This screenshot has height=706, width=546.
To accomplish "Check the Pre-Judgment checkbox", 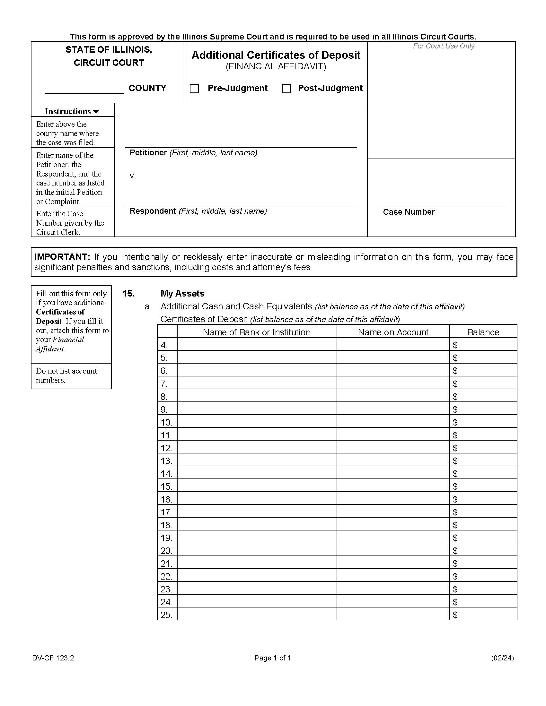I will (x=194, y=89).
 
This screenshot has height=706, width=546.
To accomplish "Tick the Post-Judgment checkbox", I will (x=286, y=89).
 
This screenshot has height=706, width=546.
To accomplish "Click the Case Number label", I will (x=409, y=212).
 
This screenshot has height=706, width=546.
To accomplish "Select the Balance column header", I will (x=483, y=332).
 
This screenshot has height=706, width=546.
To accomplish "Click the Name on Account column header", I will (x=393, y=332).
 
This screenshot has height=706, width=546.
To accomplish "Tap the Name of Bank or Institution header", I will (x=257, y=332).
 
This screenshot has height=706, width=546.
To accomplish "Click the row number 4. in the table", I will (x=164, y=345).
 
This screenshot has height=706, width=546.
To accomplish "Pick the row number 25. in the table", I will (x=166, y=615).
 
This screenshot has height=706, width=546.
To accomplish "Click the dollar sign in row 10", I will (x=455, y=422).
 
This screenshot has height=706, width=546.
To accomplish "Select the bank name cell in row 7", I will (x=257, y=383).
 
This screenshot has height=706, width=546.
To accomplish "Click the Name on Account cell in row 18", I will (x=393, y=525).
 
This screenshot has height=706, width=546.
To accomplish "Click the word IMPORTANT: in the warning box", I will (x=62, y=257).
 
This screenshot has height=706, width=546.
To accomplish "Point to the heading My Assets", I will (x=182, y=294).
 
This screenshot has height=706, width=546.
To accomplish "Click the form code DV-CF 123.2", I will (x=53, y=658).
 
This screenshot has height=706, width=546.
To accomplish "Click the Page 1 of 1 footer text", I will (x=273, y=658).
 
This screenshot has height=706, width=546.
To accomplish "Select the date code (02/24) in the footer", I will (x=502, y=658).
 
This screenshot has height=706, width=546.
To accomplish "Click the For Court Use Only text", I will (x=443, y=46).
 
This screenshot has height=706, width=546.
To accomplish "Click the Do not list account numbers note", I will (x=66, y=375).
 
